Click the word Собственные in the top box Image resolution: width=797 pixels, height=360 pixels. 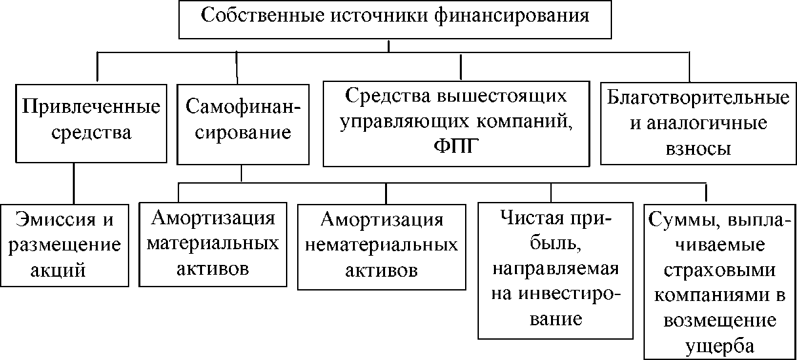click(x=263, y=15)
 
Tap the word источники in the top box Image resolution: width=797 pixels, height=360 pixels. click(x=379, y=16)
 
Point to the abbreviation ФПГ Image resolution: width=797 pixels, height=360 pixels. click(x=456, y=146)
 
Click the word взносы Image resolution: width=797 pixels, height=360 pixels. click(x=698, y=150)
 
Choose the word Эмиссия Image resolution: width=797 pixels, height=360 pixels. click(x=56, y=220)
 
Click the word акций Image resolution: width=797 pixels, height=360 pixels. click(x=58, y=271)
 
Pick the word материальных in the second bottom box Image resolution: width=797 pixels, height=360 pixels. click(x=213, y=244)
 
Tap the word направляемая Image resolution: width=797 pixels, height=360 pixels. click(x=556, y=270)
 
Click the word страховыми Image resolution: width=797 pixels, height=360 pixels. click(x=720, y=271)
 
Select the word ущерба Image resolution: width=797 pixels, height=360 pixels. click(x=720, y=346)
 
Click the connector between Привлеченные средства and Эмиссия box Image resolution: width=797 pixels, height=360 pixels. click(x=73, y=184)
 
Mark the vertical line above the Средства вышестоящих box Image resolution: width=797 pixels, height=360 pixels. click(x=460, y=67)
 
